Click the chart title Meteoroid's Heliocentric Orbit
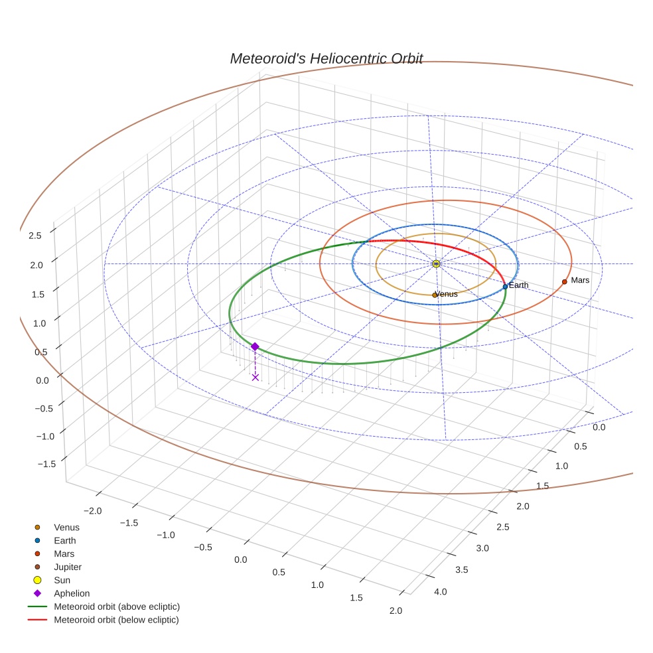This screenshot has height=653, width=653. pos(326,58)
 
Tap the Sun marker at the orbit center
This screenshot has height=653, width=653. pos(436,263)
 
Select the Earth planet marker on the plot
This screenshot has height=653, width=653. pos(505,287)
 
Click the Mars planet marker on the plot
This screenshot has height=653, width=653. pos(564,281)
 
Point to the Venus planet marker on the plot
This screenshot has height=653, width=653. pos(435,295)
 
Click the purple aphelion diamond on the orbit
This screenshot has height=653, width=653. pos(255,346)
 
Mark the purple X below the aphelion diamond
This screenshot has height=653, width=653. pos(255,377)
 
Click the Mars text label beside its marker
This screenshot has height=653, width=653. pos(580,280)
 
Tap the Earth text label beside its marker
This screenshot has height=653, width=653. pos(519,285)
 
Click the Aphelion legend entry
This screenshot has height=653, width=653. pos(72,593)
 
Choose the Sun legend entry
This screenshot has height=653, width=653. pos(62,580)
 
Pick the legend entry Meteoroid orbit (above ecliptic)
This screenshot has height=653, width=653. pos(117,607)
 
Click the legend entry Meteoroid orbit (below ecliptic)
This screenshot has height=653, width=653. pos(116,620)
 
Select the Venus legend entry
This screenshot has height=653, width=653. pos(66,527)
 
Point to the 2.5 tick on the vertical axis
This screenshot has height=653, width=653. pos(35,235)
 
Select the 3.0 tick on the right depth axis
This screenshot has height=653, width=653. pos(482,548)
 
